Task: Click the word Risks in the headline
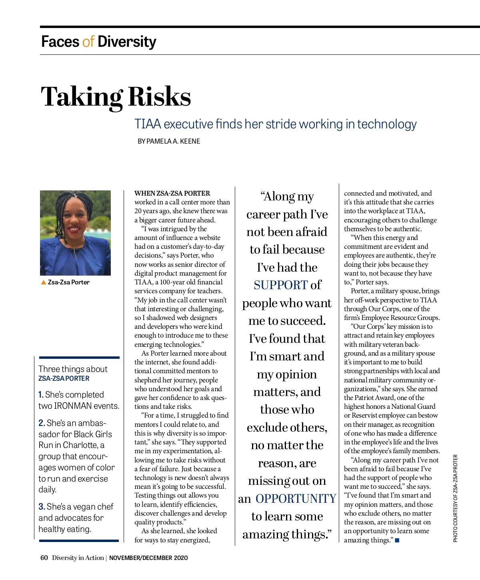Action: coord(159,97)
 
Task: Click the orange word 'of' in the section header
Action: coord(88,42)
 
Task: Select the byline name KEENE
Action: coord(190,141)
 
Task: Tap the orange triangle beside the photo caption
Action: coord(44,282)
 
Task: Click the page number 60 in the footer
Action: coord(44,558)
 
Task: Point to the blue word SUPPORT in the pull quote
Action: coord(280,285)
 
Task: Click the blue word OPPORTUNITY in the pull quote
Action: coord(296,499)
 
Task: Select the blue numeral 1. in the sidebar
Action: coord(41,395)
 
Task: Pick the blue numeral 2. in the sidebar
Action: coord(42,423)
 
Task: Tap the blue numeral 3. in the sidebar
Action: coord(42,507)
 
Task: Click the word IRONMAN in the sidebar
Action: coord(73,406)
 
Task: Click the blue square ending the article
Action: coord(397,540)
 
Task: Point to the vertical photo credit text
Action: coord(456,498)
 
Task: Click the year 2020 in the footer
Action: coord(180,558)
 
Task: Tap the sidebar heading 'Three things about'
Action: coord(73,369)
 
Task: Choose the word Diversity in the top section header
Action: coord(127,42)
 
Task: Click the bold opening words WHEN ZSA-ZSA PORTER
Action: coord(172,193)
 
